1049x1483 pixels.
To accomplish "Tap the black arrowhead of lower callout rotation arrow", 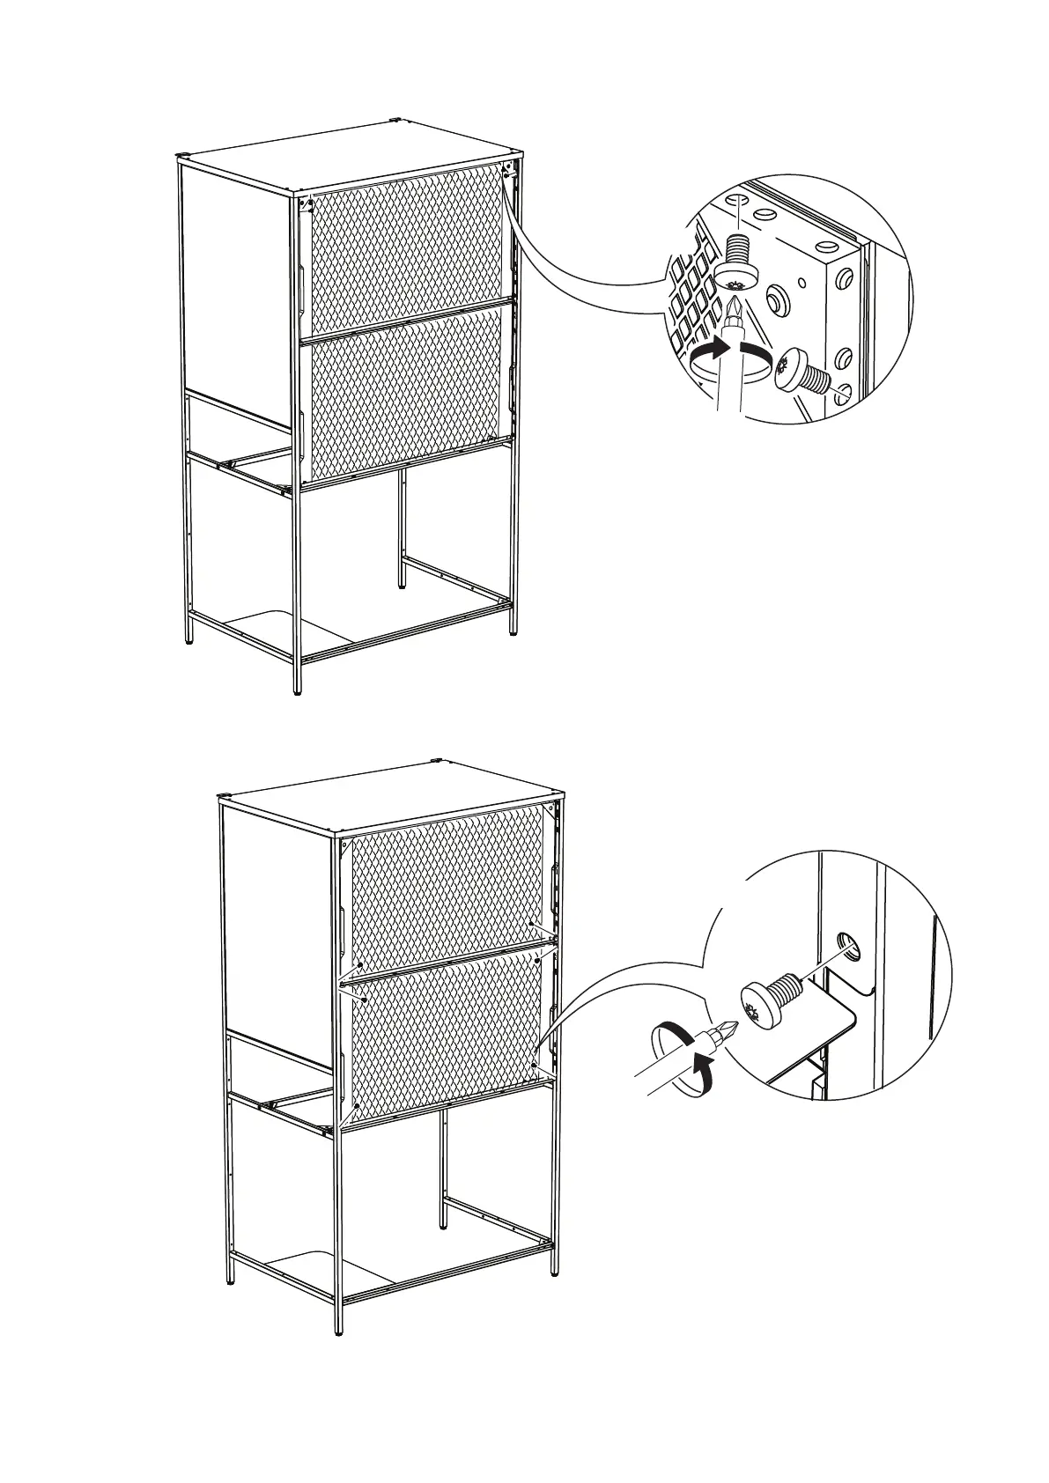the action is (701, 1074).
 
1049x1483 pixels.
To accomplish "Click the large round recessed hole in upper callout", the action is (777, 301).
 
